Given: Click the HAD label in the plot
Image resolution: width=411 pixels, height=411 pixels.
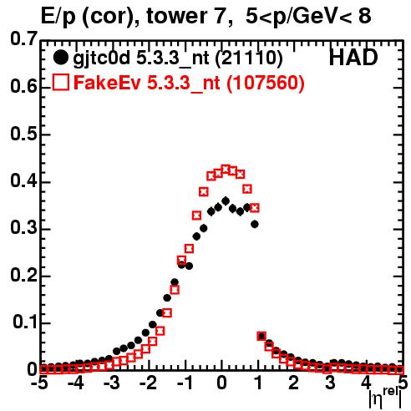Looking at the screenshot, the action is (x=353, y=58).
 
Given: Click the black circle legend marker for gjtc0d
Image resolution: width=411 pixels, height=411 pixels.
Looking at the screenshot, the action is (x=60, y=58).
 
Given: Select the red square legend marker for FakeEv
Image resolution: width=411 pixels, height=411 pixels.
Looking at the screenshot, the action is (x=60, y=82).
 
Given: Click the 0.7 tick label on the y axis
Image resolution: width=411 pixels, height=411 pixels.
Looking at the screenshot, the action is (x=23, y=38).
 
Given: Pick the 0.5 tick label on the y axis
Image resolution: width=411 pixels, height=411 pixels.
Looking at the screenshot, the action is (x=23, y=134).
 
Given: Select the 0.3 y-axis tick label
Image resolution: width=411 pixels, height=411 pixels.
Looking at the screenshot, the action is (x=23, y=228).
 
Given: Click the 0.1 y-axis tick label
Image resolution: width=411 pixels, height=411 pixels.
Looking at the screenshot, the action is (x=25, y=322).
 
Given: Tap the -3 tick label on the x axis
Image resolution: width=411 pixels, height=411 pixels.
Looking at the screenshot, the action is (x=112, y=383).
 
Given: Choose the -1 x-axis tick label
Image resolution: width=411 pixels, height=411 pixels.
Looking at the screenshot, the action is (x=185, y=383).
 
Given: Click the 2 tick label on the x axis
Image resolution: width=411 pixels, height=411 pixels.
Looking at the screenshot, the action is (x=294, y=383).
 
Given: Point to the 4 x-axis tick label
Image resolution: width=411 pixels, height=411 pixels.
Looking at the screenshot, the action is (x=367, y=383).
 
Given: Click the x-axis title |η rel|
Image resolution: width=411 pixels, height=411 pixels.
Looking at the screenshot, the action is (x=385, y=398).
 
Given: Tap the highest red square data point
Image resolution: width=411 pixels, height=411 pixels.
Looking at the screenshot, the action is (x=226, y=169).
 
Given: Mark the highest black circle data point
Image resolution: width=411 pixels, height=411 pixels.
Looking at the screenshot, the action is (x=226, y=200).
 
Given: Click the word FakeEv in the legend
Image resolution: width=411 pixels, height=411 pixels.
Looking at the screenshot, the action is (x=107, y=83).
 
